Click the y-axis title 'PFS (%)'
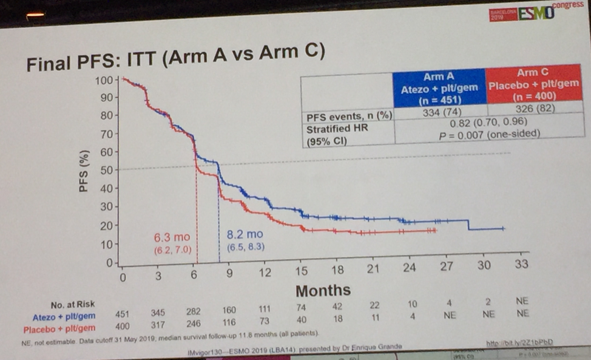pos(85,171)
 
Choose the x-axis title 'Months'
pos(323,290)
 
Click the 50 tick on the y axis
pos(106,170)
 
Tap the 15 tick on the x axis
pos(302,272)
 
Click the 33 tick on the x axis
pos(521,265)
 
